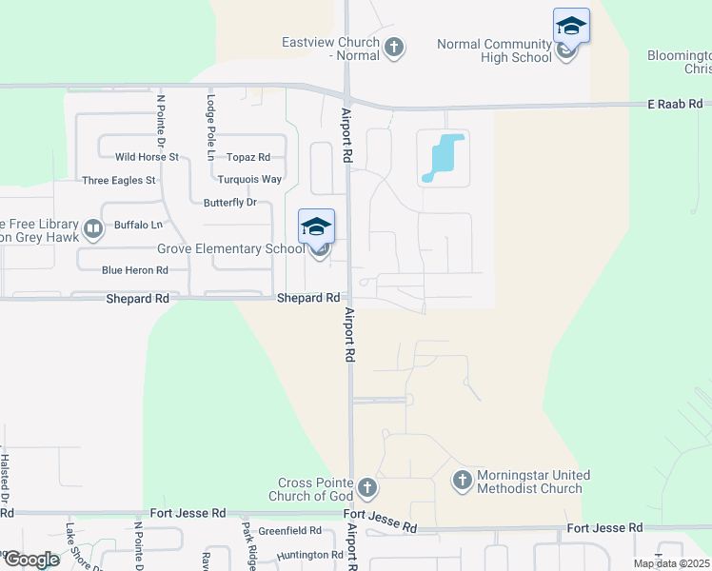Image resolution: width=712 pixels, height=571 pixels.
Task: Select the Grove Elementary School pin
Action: pyautogui.click(x=317, y=227)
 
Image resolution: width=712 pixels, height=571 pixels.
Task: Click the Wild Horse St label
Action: pyautogui.click(x=147, y=157)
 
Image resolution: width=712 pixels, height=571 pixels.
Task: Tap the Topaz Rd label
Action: pyautogui.click(x=248, y=157)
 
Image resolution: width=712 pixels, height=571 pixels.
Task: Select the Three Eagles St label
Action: pyautogui.click(x=119, y=180)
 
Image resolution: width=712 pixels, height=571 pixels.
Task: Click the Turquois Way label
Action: pyautogui.click(x=249, y=179)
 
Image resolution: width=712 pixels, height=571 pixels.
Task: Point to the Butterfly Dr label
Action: pyautogui.click(x=230, y=203)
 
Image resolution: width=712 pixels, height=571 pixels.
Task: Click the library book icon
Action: pyautogui.click(x=93, y=228)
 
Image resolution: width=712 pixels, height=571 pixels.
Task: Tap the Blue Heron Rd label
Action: pyautogui.click(x=134, y=270)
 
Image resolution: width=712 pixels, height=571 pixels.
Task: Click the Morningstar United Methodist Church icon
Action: pyautogui.click(x=462, y=481)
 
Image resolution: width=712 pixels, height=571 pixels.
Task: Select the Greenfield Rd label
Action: pyautogui.click(x=289, y=530)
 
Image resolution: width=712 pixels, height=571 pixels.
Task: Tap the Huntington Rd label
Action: pyautogui.click(x=309, y=555)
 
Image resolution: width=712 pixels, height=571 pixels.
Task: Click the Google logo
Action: pyautogui.click(x=30, y=560)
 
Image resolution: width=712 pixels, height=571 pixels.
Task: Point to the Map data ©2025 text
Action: pyautogui.click(x=672, y=563)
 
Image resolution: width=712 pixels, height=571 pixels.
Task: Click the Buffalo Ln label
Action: pyautogui.click(x=138, y=226)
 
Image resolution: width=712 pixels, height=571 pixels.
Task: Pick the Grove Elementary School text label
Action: pyautogui.click(x=230, y=249)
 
